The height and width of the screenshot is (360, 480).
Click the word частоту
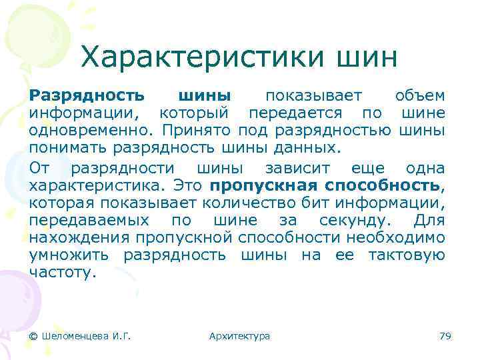point(63,272)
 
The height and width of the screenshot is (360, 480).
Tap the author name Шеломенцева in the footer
point(74,336)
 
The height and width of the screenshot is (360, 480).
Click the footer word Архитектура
point(239,336)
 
